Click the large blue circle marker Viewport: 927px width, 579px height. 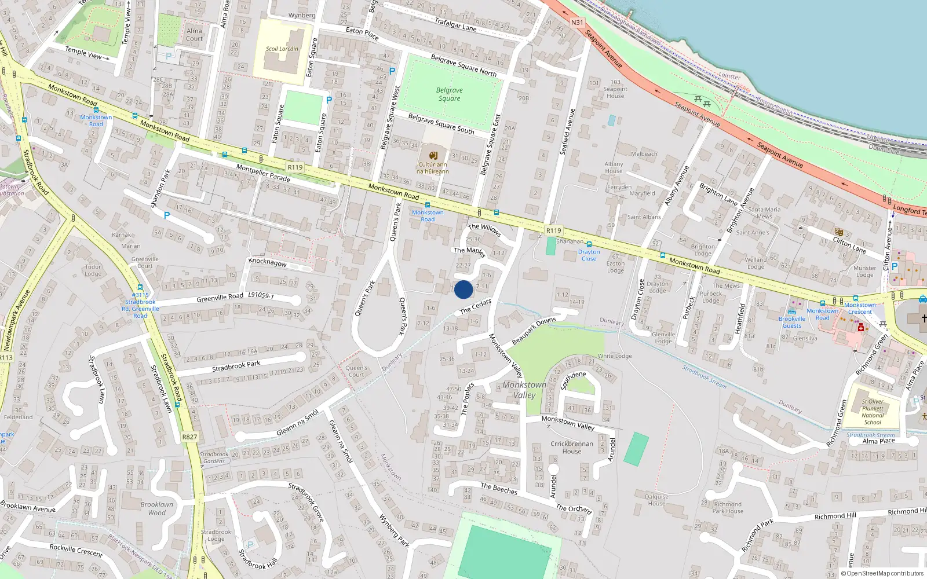click(463, 289)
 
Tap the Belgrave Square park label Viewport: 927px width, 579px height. click(450, 94)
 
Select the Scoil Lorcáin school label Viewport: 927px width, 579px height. click(282, 49)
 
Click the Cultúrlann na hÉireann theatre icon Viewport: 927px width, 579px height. click(433, 155)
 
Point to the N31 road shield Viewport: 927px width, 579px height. click(577, 23)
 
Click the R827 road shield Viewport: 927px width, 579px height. click(189, 437)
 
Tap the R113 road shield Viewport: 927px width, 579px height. click(6, 358)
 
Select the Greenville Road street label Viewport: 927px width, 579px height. click(220, 298)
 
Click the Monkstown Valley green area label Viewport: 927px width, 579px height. click(524, 390)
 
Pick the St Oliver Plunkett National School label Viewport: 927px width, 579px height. click(873, 412)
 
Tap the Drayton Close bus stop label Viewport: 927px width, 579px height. click(589, 255)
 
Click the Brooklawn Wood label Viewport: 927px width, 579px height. click(156, 508)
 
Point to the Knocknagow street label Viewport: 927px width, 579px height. click(268, 262)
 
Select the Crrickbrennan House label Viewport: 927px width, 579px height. click(572, 448)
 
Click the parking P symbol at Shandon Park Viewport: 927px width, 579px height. click(167, 215)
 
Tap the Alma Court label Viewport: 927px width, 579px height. click(195, 35)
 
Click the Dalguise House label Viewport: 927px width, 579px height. click(656, 500)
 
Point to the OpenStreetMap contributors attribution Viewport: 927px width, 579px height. click(882, 573)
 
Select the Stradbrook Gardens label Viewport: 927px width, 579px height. click(214, 457)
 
